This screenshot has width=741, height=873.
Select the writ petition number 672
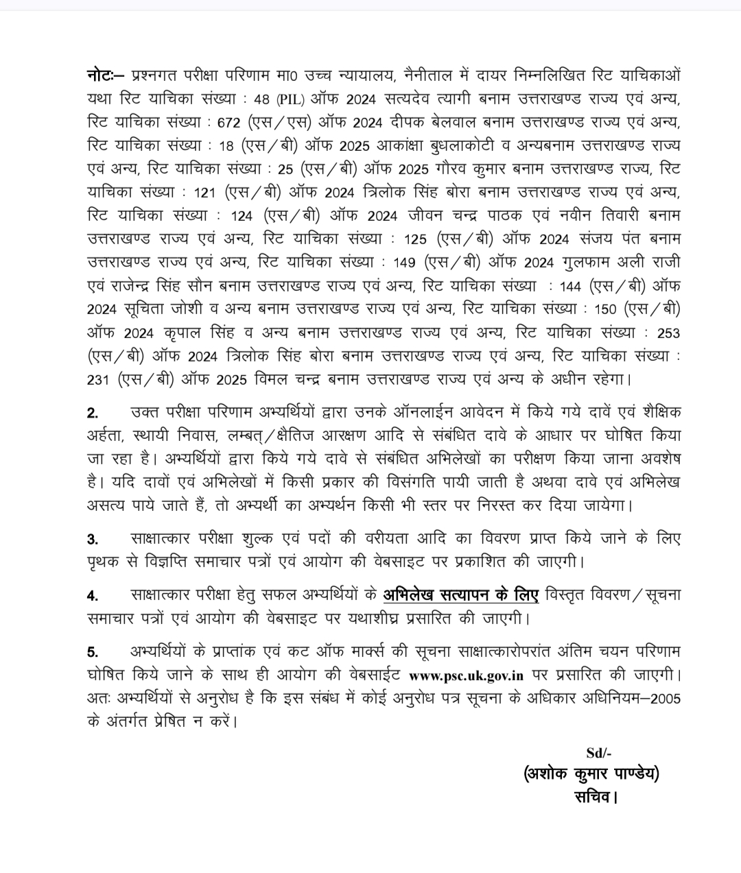coord(229,123)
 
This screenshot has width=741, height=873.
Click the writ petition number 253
coord(668,333)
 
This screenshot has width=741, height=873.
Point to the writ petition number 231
coord(99,380)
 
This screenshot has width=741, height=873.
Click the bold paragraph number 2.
coord(93,413)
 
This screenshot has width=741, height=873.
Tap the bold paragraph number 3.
coord(93,539)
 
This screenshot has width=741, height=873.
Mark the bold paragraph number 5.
coord(93,651)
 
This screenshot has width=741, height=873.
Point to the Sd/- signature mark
coord(596,753)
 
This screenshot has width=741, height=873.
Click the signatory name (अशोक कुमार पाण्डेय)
coord(591,774)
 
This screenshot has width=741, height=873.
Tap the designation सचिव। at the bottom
coord(596,797)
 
